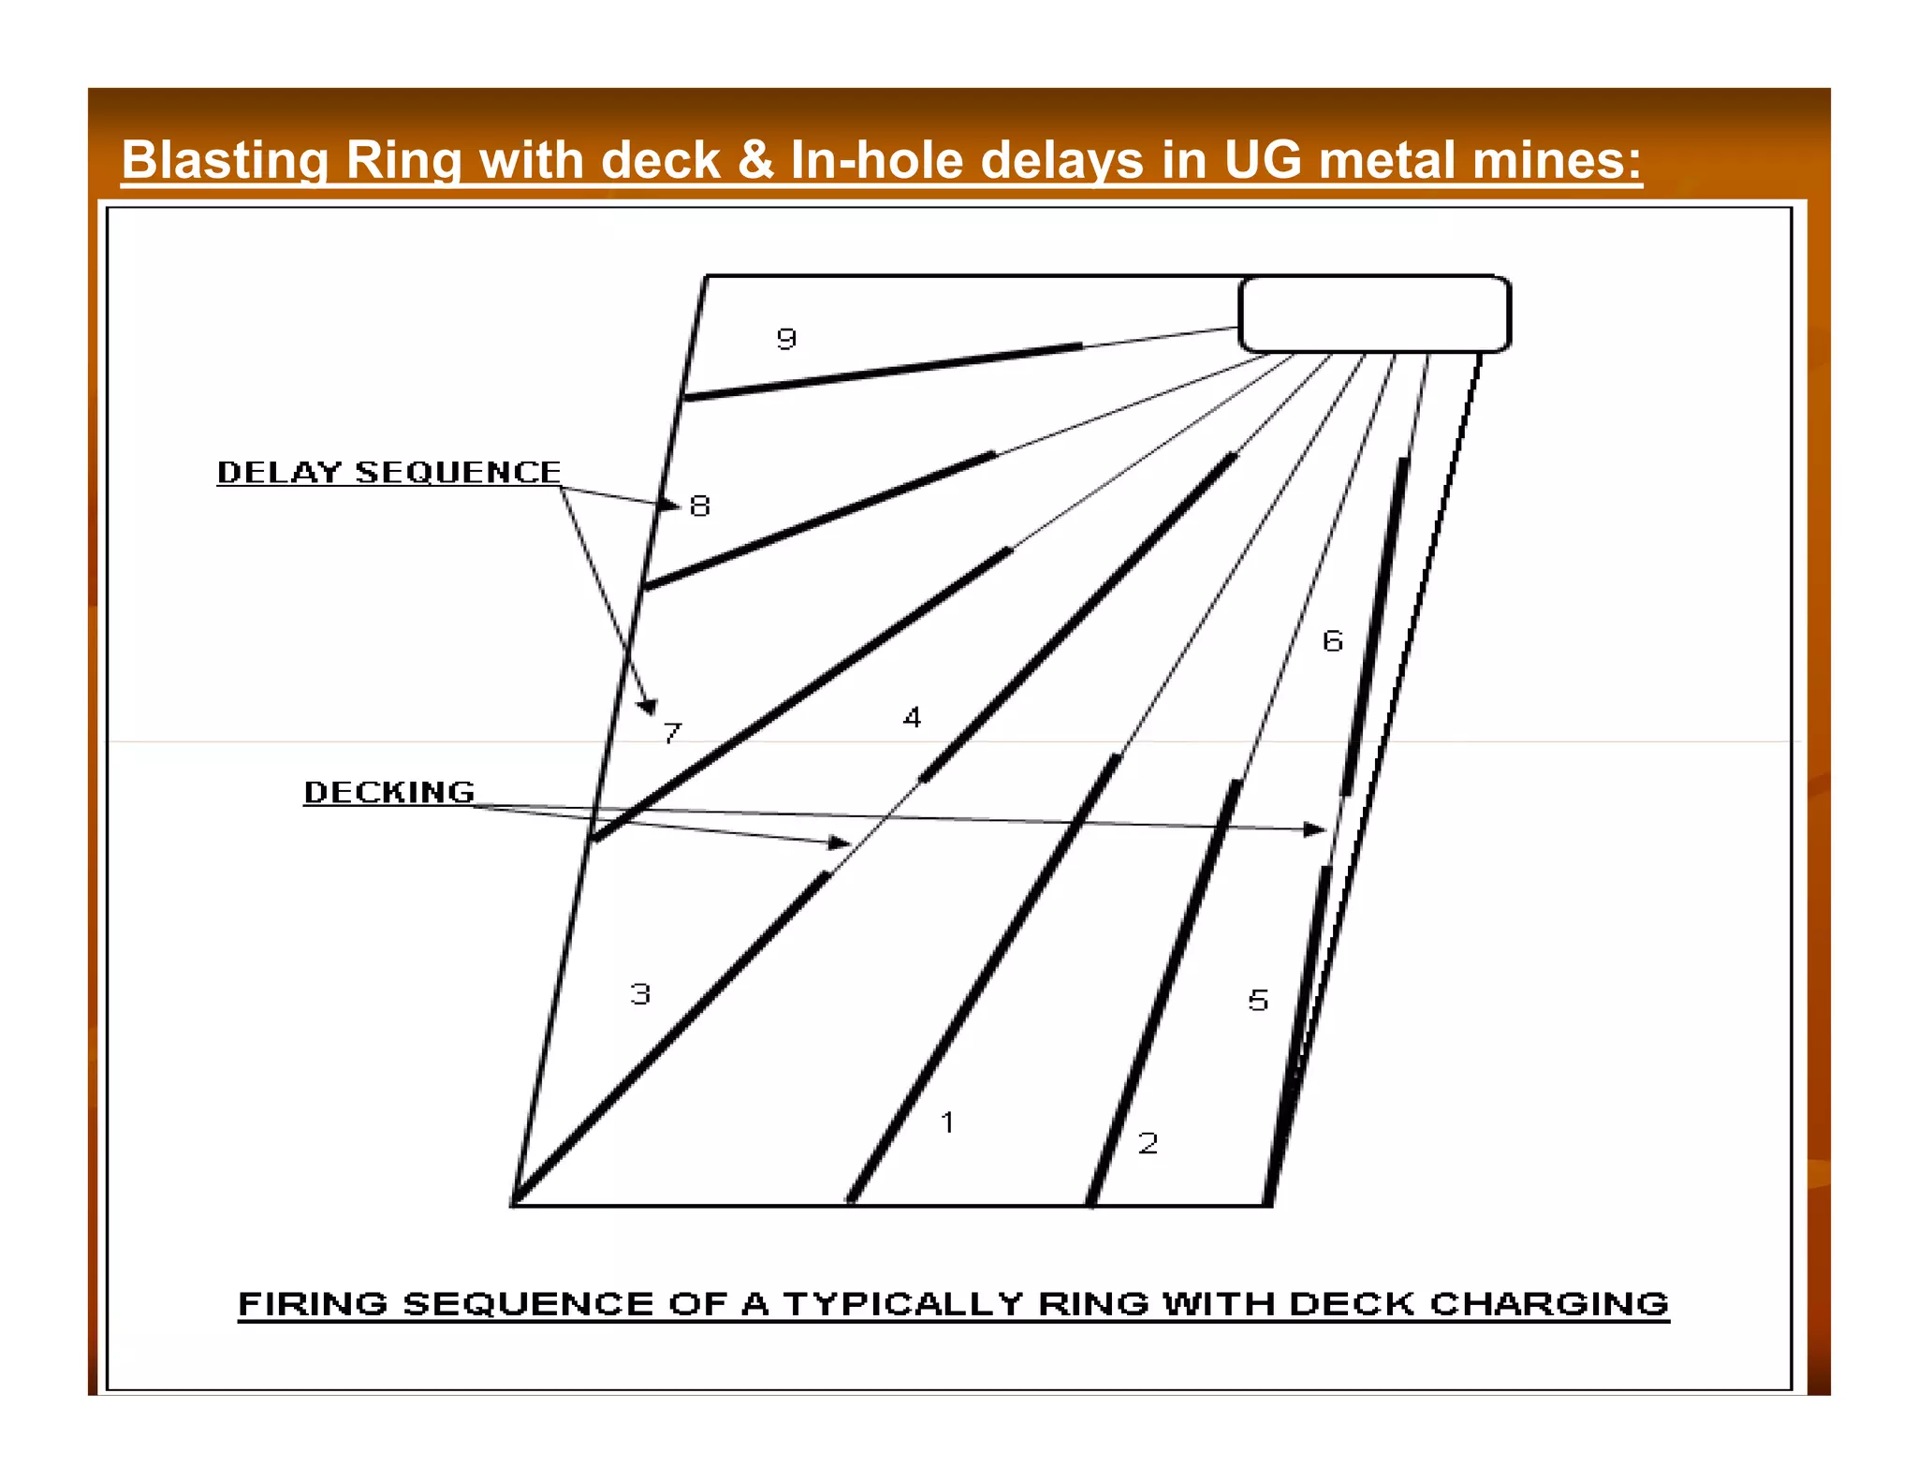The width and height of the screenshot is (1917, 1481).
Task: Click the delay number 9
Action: click(786, 338)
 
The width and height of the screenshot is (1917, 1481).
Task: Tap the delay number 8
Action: click(700, 506)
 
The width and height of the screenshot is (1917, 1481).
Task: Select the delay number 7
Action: click(672, 732)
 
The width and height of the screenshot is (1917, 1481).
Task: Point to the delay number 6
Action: click(1333, 641)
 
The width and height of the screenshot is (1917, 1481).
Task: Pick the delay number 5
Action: click(1258, 1000)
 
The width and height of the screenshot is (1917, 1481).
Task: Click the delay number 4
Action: click(912, 718)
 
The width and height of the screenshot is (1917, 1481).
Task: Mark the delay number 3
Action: click(640, 993)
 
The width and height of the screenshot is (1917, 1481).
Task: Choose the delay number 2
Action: click(1148, 1142)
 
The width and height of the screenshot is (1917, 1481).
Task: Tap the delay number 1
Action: click(947, 1122)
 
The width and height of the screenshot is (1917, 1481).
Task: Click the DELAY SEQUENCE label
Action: click(388, 472)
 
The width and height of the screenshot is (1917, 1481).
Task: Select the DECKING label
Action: click(389, 792)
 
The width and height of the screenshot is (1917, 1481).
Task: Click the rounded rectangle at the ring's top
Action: click(1374, 315)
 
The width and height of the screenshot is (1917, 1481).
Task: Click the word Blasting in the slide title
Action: click(224, 160)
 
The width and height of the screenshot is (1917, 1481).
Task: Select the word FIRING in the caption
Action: click(313, 1303)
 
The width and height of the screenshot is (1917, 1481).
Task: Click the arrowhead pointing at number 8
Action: click(670, 505)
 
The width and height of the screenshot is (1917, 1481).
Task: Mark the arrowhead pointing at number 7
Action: click(648, 707)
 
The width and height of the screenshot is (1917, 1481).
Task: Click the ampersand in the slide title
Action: click(755, 160)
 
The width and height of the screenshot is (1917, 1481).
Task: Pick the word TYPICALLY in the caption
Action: click(903, 1303)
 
